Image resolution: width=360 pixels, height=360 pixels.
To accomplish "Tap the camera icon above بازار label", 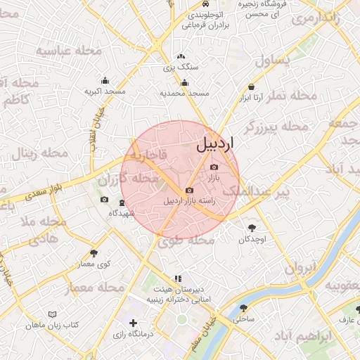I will click(214, 167).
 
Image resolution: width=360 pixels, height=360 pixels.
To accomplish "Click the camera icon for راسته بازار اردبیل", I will click(188, 191).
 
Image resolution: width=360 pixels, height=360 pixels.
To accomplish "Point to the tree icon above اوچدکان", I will click(252, 227).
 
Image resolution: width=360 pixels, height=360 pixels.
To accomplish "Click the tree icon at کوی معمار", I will click(94, 252).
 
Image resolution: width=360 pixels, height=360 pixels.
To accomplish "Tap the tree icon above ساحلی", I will click(243, 308).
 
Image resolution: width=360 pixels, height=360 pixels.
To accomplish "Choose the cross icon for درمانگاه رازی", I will click(134, 322).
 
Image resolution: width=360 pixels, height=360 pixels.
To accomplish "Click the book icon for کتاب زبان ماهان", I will click(51, 314).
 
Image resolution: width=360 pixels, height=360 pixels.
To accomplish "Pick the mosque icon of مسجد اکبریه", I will click(105, 80).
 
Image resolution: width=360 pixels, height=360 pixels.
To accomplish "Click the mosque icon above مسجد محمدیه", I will click(185, 82).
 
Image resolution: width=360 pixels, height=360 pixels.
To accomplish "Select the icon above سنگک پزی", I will click(181, 57).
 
